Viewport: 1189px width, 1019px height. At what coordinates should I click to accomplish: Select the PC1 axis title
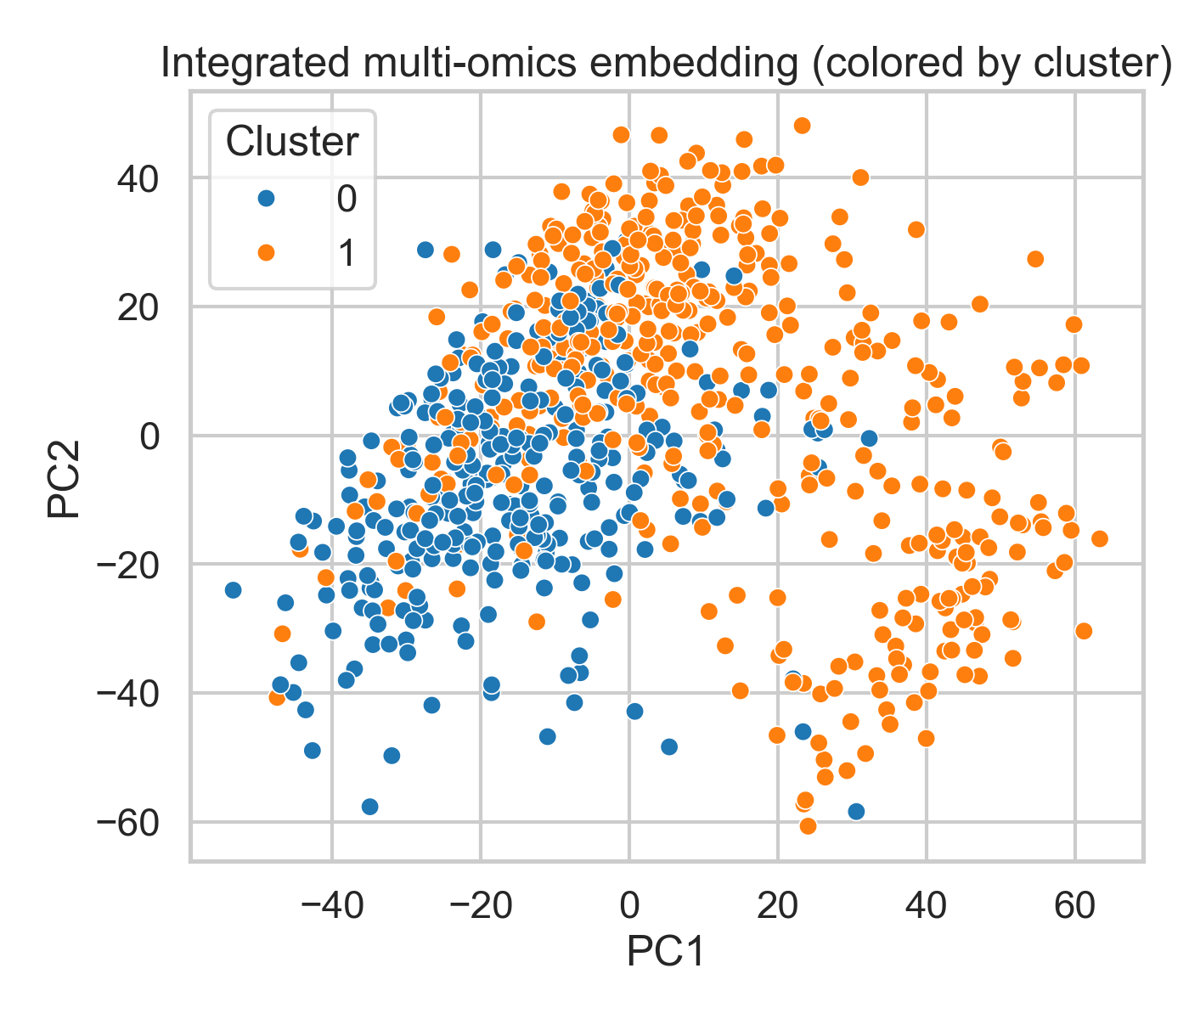point(666,952)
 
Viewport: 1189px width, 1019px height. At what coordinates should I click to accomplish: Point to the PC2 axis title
point(65,479)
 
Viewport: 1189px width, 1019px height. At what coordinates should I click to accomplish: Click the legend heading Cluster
point(291,142)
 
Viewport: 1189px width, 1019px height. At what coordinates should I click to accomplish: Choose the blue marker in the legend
point(266,199)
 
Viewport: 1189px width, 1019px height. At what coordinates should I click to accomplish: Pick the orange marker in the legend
point(266,252)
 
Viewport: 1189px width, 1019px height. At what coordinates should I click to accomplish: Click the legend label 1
point(347,252)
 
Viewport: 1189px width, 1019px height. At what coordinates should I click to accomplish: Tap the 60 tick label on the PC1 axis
point(1074,906)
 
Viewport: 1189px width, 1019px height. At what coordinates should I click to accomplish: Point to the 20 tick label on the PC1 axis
point(777,906)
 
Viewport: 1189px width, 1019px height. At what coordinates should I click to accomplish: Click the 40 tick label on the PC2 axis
point(138,178)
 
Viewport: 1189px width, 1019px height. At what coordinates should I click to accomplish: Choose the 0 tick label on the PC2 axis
point(149,436)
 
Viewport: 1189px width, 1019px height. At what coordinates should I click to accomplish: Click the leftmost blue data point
point(233,589)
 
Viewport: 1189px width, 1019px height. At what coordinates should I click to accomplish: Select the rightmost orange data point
point(1099,538)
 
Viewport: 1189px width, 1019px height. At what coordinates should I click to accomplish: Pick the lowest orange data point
point(808,825)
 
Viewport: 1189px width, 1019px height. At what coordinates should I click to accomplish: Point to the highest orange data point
point(802,126)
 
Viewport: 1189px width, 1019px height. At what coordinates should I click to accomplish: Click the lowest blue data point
point(856,811)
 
